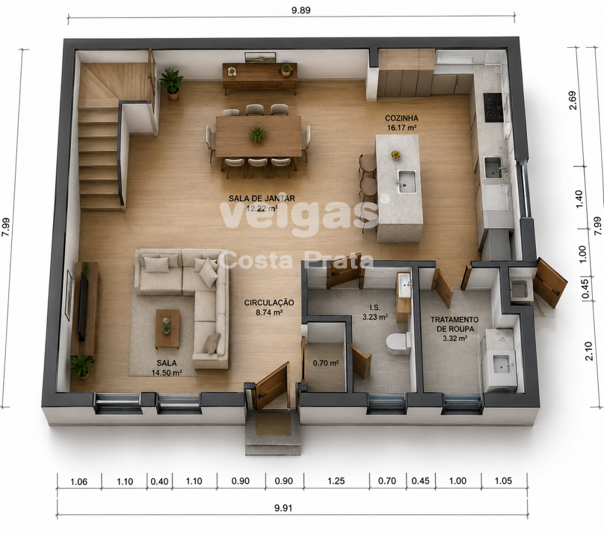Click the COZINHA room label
(402, 123)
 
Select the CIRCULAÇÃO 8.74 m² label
(269, 308)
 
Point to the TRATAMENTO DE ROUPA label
(455, 328)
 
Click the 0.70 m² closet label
(326, 363)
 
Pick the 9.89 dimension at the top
(301, 10)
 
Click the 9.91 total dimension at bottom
(283, 508)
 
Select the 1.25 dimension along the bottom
(336, 481)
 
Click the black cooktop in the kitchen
(494, 108)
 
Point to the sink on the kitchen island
(406, 182)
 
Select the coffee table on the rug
(167, 328)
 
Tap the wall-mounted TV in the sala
(83, 306)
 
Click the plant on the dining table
(258, 134)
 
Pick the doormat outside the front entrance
(273, 424)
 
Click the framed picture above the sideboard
(260, 57)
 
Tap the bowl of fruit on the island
(396, 154)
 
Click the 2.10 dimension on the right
(589, 351)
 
